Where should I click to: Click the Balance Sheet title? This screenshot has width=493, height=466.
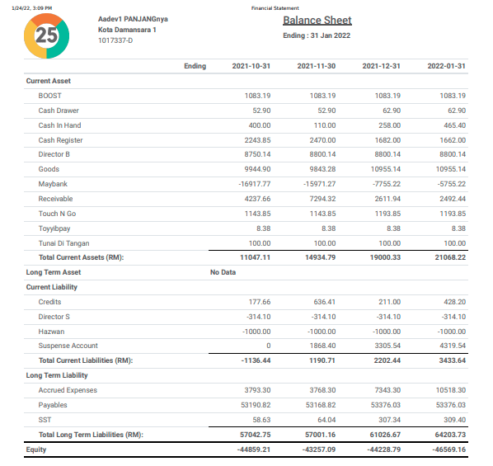click(x=317, y=21)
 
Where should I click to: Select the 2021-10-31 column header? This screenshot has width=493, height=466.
click(x=251, y=66)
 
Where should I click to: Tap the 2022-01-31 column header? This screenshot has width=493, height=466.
click(x=447, y=66)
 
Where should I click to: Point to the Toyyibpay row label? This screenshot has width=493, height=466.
click(x=54, y=228)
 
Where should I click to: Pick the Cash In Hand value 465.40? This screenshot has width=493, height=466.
click(x=454, y=125)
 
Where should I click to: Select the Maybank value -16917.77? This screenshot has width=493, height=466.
click(x=254, y=184)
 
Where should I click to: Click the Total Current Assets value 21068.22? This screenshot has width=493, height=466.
click(x=449, y=258)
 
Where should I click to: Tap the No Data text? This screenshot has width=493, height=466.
click(x=223, y=271)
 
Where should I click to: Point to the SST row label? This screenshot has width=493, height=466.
click(x=45, y=420)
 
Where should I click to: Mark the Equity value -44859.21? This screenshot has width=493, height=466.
click(x=253, y=450)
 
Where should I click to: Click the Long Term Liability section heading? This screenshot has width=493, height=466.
click(x=57, y=375)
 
